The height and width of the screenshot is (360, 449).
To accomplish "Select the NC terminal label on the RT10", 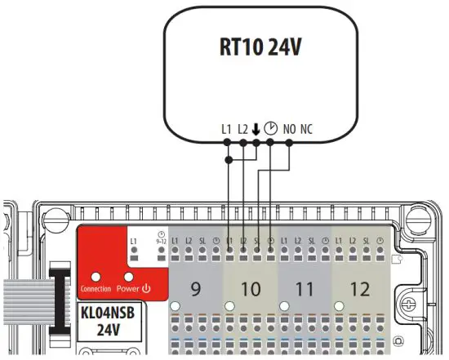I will click(x=307, y=128).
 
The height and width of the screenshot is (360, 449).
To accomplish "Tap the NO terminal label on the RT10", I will click(x=289, y=128).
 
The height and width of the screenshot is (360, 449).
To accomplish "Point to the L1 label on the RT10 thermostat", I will click(x=227, y=128).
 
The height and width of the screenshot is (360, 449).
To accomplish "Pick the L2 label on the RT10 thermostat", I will click(x=243, y=128).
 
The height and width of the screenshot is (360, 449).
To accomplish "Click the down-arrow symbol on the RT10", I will click(x=256, y=128).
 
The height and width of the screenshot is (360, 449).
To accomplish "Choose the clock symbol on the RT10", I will click(x=271, y=128).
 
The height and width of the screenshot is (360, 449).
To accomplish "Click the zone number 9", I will click(x=195, y=288).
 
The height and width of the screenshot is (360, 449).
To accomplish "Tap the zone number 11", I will click(x=305, y=288).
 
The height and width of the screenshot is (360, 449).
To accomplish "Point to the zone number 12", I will click(x=359, y=288).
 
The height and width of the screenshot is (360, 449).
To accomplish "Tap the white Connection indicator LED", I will click(x=96, y=277).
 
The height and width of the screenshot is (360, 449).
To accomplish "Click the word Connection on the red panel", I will click(x=96, y=289).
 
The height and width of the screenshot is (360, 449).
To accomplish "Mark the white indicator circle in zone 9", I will click(x=175, y=306).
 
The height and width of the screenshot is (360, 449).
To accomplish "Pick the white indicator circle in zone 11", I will click(x=284, y=306).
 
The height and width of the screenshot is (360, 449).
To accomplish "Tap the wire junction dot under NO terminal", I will click(x=289, y=143).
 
